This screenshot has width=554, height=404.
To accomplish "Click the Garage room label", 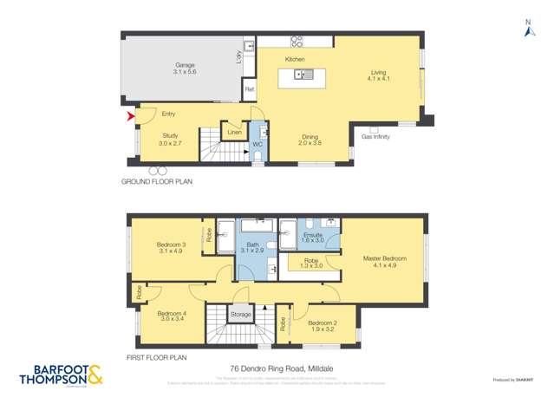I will click(x=185, y=65).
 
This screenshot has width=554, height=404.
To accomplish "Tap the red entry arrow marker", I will click(x=131, y=116).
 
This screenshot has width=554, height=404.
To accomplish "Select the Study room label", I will click(x=173, y=135).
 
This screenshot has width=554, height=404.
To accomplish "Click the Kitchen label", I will click(x=296, y=59).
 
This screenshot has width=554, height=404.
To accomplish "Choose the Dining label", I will click(x=310, y=137).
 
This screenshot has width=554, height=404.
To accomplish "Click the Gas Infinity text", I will click(x=375, y=137).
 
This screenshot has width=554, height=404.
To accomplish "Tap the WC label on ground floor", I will click(x=257, y=144).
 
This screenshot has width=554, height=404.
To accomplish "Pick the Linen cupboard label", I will click(x=233, y=133).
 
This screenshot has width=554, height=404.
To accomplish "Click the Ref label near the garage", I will click(x=249, y=89).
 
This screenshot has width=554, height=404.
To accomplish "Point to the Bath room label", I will click(x=252, y=245).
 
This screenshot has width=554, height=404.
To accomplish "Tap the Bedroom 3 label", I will click(x=171, y=245).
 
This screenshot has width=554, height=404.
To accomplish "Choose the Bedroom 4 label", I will click(x=171, y=314).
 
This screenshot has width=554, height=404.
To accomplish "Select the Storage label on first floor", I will click(x=241, y=314).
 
